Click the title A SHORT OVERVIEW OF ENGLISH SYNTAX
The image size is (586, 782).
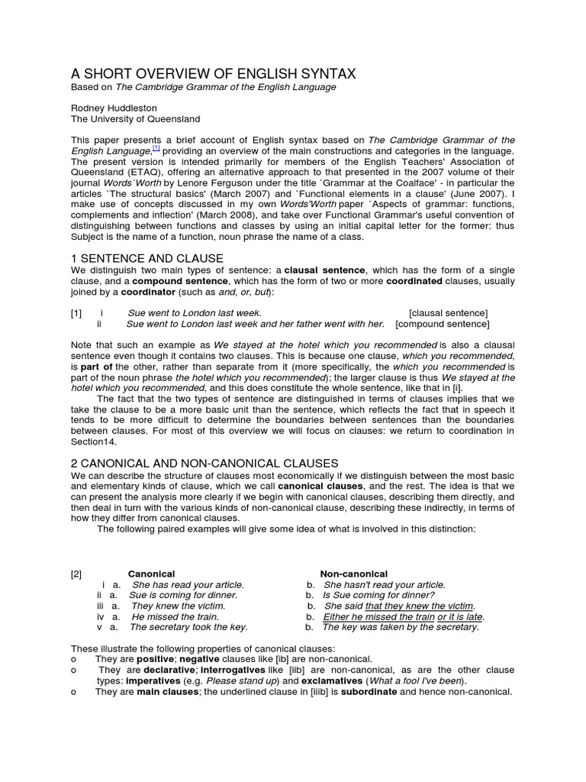[x=213, y=73]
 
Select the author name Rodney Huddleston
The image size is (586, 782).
[x=114, y=108]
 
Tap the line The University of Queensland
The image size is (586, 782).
[x=135, y=119]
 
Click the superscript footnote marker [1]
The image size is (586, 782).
[x=156, y=148]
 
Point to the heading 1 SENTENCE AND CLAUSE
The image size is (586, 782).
[x=147, y=258]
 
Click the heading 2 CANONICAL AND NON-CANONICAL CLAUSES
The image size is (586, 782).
[x=204, y=464]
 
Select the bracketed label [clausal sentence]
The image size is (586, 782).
[x=449, y=313]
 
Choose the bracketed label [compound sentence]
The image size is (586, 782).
[x=442, y=324]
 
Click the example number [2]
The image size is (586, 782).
[x=76, y=574]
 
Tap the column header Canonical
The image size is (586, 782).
[x=151, y=574]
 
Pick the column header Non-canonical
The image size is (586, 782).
[x=353, y=574]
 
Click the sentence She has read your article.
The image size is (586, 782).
[x=188, y=585]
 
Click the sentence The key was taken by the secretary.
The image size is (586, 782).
[x=401, y=627]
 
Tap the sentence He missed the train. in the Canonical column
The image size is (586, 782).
[x=175, y=616]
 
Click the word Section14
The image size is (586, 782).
[x=96, y=441]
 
